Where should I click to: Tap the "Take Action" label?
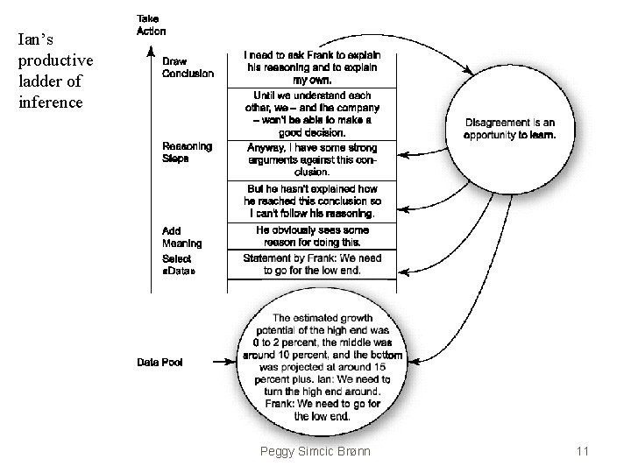click(151, 25)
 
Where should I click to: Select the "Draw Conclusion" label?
click(187, 67)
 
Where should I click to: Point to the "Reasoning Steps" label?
click(186, 152)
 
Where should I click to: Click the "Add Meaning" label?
click(181, 237)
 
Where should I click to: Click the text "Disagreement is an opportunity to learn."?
click(509, 129)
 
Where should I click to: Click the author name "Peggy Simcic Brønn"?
click(315, 451)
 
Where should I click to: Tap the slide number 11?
click(582, 451)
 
